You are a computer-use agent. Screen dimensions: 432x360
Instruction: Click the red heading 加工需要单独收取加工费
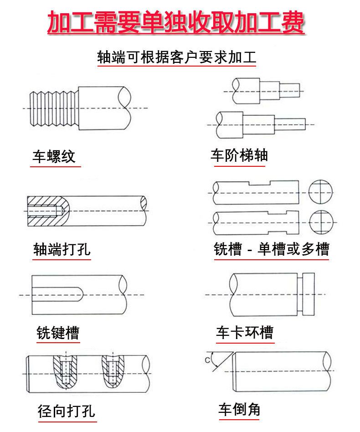[x=176, y=23]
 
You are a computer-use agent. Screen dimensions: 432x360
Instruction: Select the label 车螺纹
[x=54, y=157]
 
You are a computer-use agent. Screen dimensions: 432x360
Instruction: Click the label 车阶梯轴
[x=239, y=155]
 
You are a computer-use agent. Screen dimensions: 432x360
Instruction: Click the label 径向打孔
[x=67, y=411]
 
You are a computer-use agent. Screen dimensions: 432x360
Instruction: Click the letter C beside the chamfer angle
[x=207, y=361]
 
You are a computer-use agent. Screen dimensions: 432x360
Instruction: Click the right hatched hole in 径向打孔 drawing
[x=113, y=369]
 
